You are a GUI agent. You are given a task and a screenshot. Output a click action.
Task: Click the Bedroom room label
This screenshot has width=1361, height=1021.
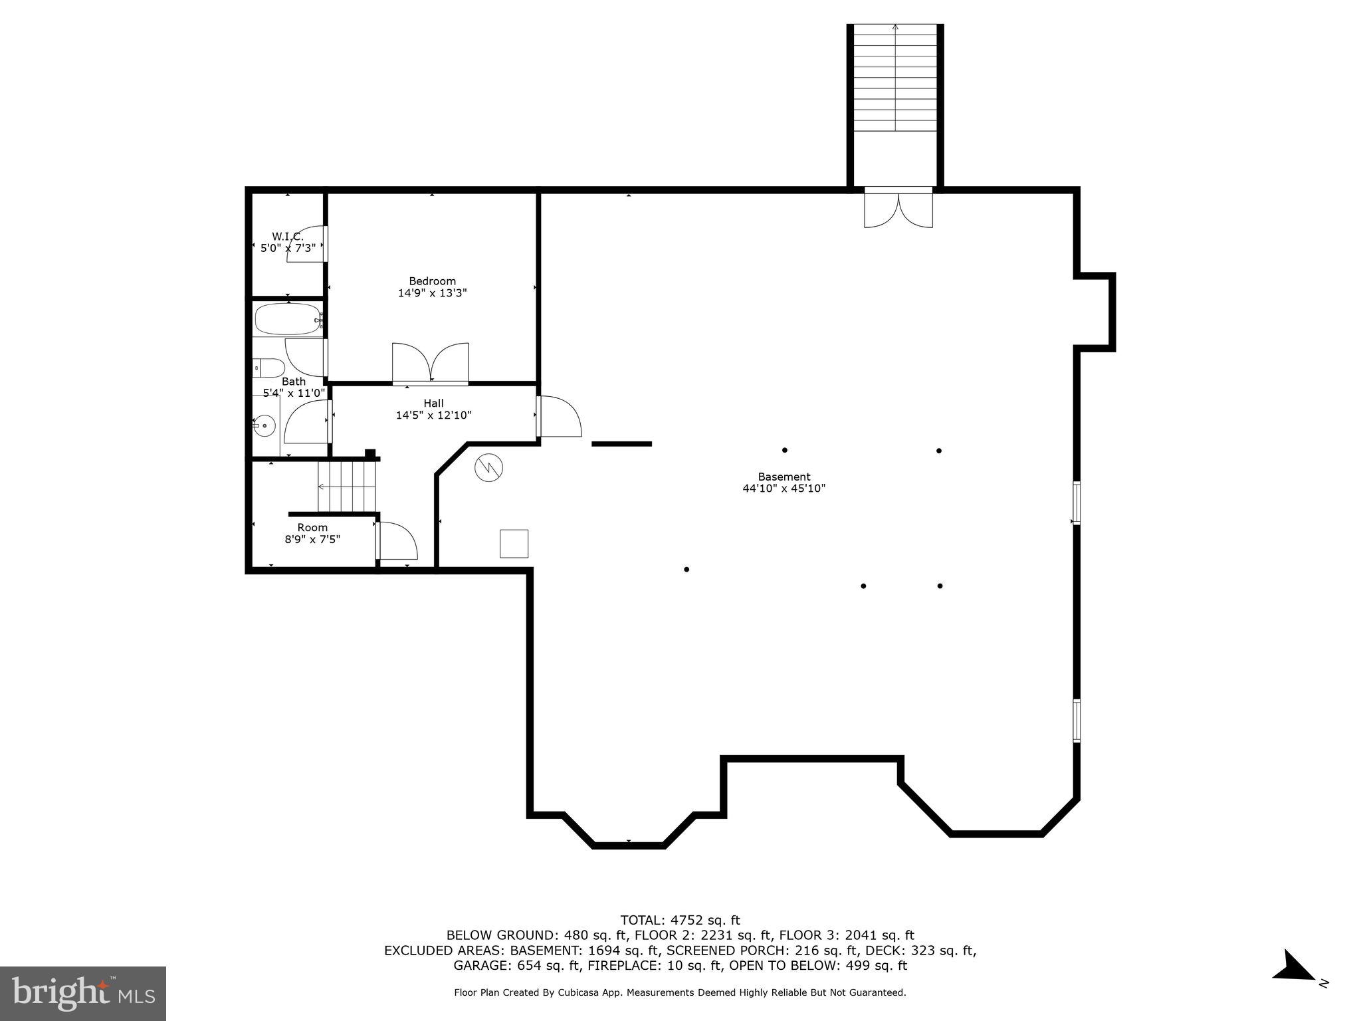(432, 281)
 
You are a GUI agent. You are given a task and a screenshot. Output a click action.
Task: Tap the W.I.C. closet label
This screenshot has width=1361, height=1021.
(287, 237)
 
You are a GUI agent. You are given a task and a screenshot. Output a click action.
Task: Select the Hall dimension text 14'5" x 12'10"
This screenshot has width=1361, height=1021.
(433, 415)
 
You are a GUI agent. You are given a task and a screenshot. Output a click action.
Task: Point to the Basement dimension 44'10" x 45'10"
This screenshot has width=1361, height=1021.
(784, 489)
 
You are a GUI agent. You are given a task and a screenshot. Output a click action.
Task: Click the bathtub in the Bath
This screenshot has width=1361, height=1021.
(287, 319)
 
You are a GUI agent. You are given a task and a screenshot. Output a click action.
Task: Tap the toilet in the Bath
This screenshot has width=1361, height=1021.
(269, 368)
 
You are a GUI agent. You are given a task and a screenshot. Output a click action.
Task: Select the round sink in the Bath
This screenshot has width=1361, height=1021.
(264, 425)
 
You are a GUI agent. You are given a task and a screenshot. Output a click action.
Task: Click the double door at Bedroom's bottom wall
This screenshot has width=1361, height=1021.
(431, 363)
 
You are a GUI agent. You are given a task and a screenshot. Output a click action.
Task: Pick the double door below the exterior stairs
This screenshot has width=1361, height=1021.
(898, 209)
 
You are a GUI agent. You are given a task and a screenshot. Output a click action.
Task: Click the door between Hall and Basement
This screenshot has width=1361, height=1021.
(559, 417)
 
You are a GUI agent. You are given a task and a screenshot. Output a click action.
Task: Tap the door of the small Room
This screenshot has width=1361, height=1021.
(396, 540)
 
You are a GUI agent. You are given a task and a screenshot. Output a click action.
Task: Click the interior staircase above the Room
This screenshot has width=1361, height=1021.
(346, 487)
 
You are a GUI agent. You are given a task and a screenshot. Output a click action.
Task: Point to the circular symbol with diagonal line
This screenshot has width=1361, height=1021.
(488, 468)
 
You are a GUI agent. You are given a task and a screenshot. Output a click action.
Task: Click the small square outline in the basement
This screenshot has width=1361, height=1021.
(514, 543)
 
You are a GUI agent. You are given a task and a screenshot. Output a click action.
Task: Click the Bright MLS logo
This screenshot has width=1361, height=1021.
(83, 993)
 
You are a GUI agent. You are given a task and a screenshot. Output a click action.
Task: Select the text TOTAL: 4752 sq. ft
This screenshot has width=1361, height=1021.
(680, 920)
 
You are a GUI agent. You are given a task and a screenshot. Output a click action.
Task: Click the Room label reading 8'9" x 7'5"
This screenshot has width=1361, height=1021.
(312, 539)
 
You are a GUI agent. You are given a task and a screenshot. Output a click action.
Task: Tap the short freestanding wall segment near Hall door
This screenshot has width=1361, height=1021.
(621, 443)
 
